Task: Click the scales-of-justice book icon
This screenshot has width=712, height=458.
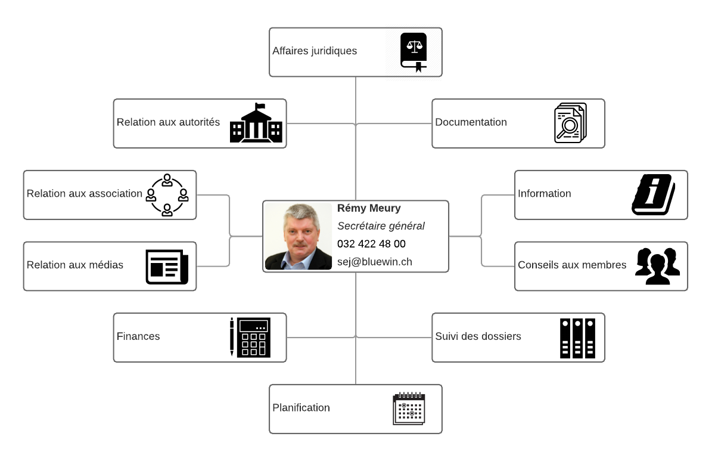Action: pos(413,52)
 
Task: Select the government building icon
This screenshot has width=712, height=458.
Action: pos(256,123)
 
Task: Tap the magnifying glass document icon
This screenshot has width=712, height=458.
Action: pos(570,123)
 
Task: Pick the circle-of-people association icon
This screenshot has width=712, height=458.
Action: pos(167,195)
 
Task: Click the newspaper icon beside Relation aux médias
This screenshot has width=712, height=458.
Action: pos(167,267)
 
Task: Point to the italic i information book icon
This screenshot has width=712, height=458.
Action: pos(653,194)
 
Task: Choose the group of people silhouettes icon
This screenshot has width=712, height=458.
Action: pos(658,266)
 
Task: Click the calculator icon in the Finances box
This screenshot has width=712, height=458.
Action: pos(250,338)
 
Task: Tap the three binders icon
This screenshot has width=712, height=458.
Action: pos(577,339)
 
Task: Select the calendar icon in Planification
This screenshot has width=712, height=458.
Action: pos(409,409)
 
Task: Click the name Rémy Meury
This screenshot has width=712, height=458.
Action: pos(369,208)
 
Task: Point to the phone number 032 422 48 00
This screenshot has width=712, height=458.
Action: pos(371,244)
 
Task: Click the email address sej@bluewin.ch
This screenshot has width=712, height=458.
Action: pos(375,262)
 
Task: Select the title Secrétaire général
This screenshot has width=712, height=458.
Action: pos(381,226)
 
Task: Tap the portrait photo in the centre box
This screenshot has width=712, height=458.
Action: pos(299,236)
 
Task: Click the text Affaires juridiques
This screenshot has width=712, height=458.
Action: pos(315,51)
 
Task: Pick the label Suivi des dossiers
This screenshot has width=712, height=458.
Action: pos(478,336)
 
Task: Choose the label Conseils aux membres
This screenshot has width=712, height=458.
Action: pos(572,265)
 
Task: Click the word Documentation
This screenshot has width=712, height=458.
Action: pos(471,122)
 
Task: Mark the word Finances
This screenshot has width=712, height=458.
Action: pos(138,336)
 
